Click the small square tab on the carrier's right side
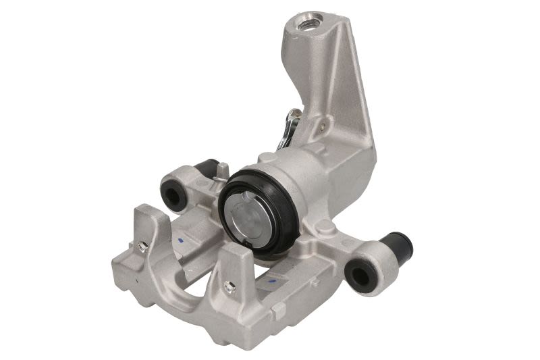(277, 307)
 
